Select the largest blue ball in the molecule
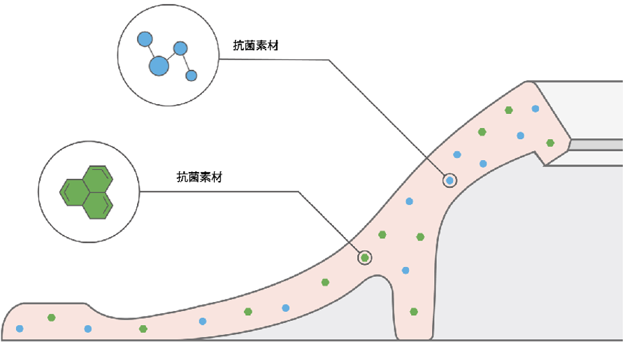point(159,66)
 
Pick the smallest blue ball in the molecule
point(191,75)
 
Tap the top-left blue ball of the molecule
point(145,39)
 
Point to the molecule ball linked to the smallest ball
point(180,49)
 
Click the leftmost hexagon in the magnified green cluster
point(73,191)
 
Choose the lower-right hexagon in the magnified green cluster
point(98,204)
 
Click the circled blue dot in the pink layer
point(450,180)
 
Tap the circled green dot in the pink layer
point(364,258)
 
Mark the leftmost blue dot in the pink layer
point(20,329)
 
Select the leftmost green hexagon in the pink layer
point(51,318)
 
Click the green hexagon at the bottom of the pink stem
point(414,312)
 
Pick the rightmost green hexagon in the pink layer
point(550,143)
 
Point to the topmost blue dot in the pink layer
point(536,108)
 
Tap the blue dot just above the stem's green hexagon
point(406,270)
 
